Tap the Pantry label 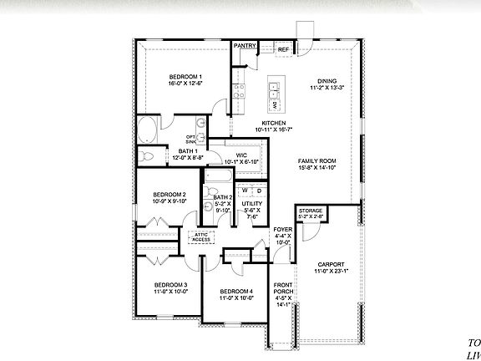pos(245,46)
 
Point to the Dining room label pos(327,81)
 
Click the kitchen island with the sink pos(274,97)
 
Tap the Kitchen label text pos(274,124)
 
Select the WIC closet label pos(240,155)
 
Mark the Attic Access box pos(201,236)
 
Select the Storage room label pos(310,212)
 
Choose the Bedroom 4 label pos(235,292)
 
